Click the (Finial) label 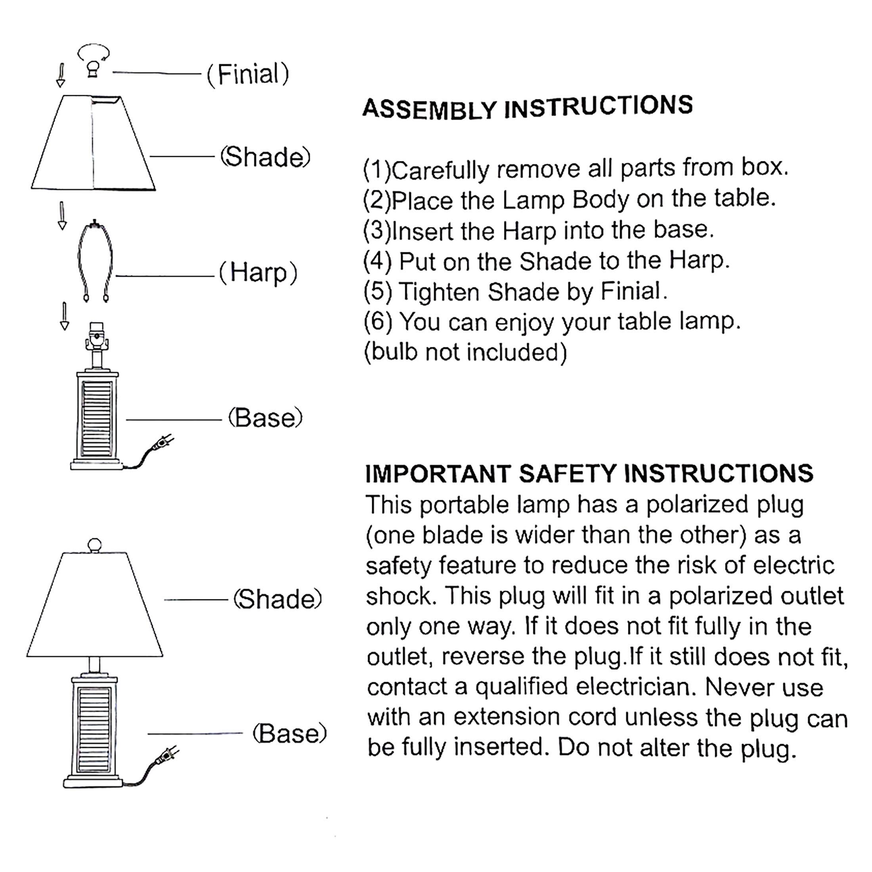pos(248,75)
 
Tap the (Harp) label pos(258,273)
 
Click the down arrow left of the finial pos(61,75)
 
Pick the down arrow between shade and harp pos(62,215)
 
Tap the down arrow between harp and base pos(65,316)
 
